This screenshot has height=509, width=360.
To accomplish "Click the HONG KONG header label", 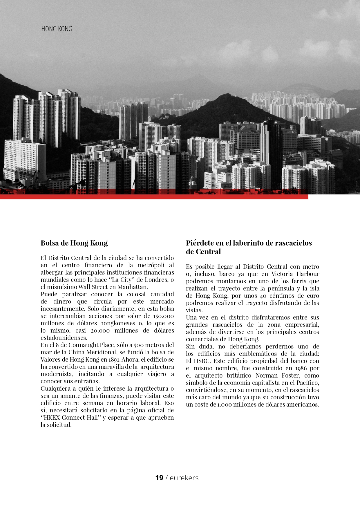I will pyautogui.click(x=57, y=29).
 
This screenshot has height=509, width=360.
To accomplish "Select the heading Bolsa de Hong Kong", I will pyautogui.click(x=74, y=243).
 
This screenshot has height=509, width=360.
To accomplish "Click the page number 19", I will pyautogui.click(x=159, y=478).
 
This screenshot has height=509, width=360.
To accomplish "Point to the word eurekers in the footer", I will pyautogui.click(x=184, y=478).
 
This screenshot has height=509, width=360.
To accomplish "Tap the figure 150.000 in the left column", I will pyautogui.click(x=163, y=316).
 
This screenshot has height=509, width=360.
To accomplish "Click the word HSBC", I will pyautogui.click(x=201, y=361).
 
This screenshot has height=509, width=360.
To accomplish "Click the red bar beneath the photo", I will pyautogui.click(x=154, y=197).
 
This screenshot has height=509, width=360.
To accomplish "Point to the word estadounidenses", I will pyautogui.click(x=64, y=338).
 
